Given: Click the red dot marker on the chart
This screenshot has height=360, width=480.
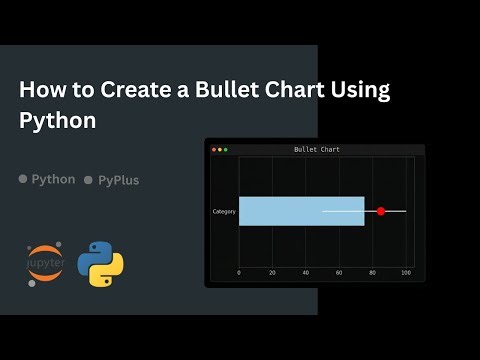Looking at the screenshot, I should [x=381, y=211].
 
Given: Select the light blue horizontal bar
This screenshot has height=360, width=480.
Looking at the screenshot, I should [x=301, y=211].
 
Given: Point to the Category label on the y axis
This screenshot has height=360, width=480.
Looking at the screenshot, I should [x=224, y=211].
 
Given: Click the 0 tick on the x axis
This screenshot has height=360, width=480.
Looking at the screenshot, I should [x=239, y=272].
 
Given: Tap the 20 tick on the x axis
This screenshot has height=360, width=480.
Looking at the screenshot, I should [x=272, y=272].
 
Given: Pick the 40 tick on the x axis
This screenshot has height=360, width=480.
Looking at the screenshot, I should [x=306, y=272].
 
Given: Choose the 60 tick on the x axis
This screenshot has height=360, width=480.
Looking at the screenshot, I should [x=339, y=272].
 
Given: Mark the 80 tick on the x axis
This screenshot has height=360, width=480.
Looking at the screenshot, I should [x=373, y=272].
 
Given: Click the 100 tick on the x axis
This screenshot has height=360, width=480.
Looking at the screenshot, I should [x=406, y=272].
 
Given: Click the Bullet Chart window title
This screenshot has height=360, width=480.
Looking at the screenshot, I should [x=316, y=149].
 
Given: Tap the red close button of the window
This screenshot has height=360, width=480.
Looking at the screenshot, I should [x=213, y=149].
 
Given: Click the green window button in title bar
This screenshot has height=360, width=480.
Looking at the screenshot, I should [x=225, y=149].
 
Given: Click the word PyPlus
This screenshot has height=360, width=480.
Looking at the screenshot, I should [x=118, y=180].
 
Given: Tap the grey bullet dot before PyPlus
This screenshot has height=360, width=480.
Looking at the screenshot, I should [x=88, y=180].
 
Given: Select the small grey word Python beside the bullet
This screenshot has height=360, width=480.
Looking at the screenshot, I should [x=53, y=179].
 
